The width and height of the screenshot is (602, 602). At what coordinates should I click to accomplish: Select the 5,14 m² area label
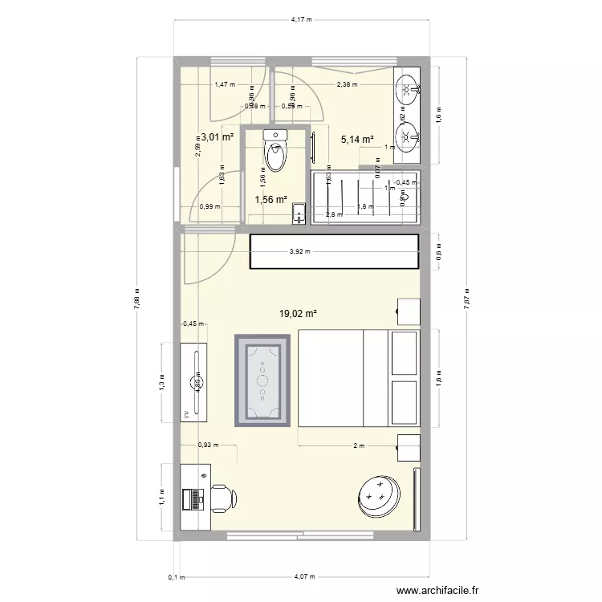pos(357,139)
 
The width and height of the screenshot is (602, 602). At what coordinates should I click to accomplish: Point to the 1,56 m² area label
pos(270,200)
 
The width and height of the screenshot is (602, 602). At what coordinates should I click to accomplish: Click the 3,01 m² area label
pos(217,137)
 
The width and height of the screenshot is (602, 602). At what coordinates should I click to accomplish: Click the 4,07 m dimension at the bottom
pos(303,576)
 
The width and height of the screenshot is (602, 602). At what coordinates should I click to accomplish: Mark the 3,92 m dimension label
pos(301,251)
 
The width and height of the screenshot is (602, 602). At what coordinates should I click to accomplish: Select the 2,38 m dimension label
pos(347,83)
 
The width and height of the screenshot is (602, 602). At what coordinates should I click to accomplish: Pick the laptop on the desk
pos(193,499)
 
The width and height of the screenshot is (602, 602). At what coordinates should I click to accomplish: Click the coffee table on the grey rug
pos(262,382)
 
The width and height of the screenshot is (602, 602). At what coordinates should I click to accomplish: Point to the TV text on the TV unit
pos(186,414)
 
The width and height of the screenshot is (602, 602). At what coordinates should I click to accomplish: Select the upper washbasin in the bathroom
pos(408,89)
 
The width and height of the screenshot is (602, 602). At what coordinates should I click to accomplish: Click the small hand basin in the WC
pos(299,213)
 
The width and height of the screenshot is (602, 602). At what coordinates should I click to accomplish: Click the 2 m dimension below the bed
pos(358,445)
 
